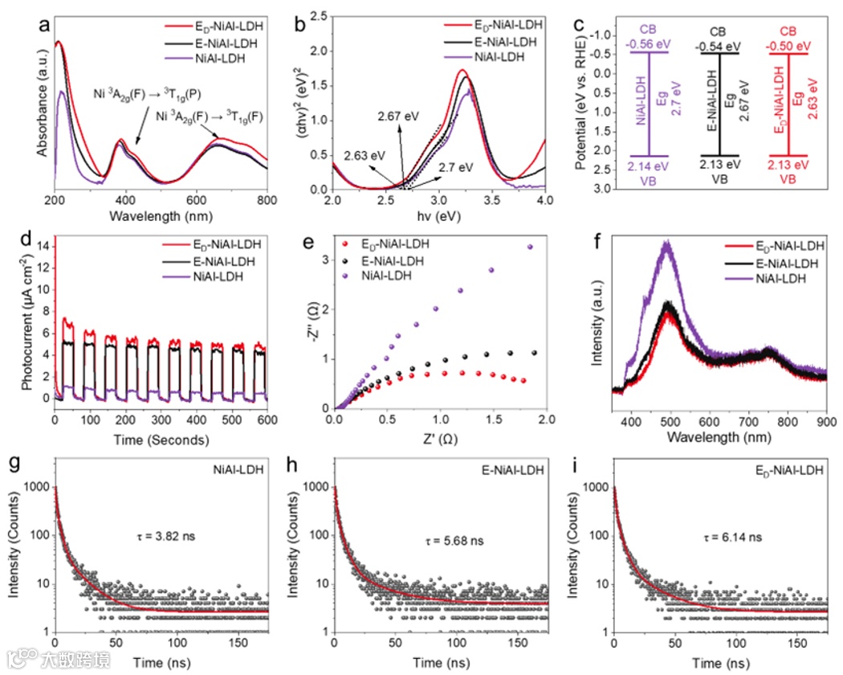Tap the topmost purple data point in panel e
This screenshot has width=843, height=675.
(x=529, y=247)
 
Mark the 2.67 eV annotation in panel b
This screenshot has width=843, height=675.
(x=398, y=117)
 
